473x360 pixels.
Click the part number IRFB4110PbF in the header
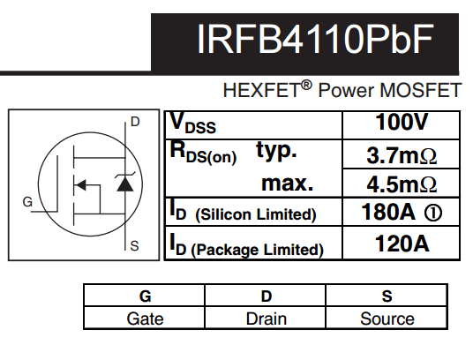(316, 39)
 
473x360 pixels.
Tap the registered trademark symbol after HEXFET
(306, 86)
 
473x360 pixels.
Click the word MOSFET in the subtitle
(421, 90)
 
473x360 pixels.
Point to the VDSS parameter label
(193, 124)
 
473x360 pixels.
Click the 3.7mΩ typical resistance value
(402, 155)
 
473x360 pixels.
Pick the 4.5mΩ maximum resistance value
(402, 184)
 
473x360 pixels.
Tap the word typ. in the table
(276, 150)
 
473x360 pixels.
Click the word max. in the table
(288, 184)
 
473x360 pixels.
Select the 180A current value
(388, 212)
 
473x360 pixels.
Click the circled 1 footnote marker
(433, 213)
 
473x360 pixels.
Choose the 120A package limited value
(402, 244)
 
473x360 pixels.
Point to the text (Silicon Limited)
(256, 214)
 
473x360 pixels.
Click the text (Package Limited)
(258, 250)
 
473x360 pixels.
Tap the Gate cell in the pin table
(145, 319)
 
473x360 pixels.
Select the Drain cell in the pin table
(267, 319)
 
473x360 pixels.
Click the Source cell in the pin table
(387, 319)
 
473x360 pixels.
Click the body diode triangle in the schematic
(125, 184)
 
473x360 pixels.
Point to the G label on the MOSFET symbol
(27, 202)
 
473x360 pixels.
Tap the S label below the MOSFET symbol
(134, 246)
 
